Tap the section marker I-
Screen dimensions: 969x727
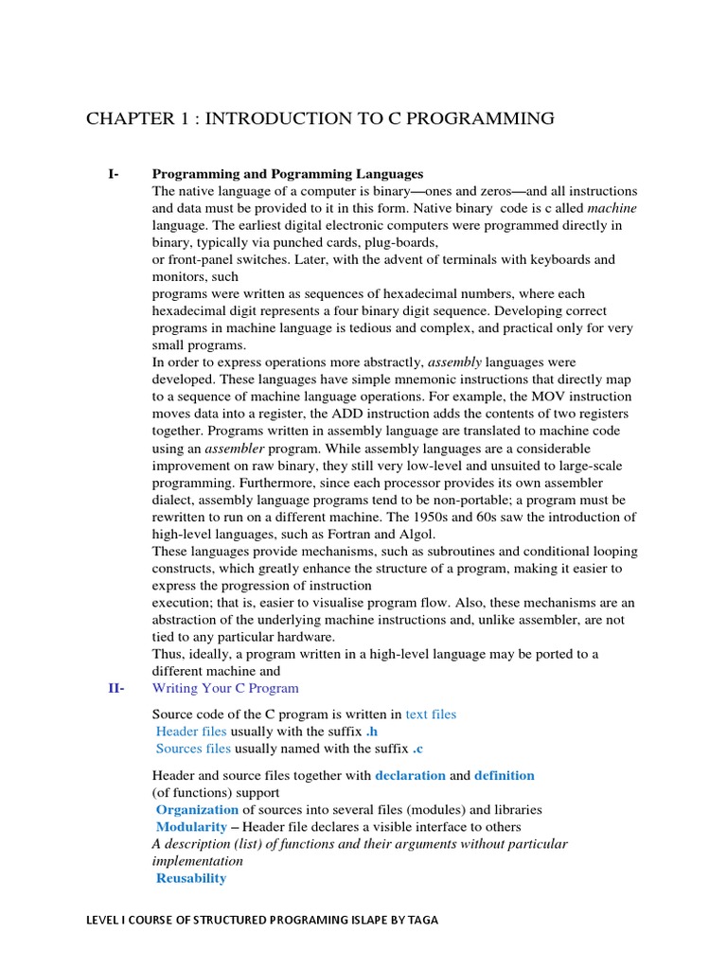point(114,174)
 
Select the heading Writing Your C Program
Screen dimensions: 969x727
point(225,688)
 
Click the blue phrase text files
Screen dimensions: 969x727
point(431,714)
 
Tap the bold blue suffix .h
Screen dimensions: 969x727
point(375,731)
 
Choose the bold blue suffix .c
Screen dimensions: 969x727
point(417,749)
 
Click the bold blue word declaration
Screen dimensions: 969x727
point(410,775)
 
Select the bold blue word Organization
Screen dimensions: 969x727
point(197,809)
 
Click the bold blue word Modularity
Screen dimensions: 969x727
point(191,826)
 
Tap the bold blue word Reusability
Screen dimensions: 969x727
point(191,878)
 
